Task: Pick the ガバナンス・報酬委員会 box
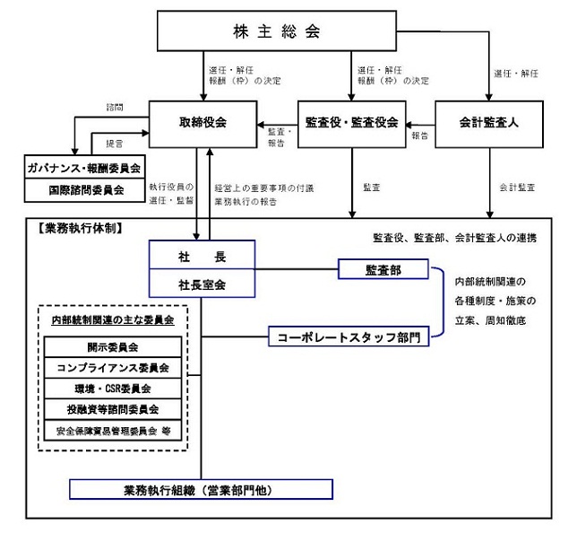pos(84,168)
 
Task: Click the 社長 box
pos(202,256)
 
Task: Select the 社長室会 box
pos(202,284)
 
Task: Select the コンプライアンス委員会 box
pos(113,368)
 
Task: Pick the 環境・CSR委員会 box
pos(113,389)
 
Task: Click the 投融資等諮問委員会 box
pos(113,409)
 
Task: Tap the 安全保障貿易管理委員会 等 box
pos(113,431)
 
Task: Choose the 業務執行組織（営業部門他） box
pos(201,490)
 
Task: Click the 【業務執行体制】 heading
pos(82,229)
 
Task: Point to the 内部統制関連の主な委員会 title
pos(113,319)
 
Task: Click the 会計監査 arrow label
pos(517,188)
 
